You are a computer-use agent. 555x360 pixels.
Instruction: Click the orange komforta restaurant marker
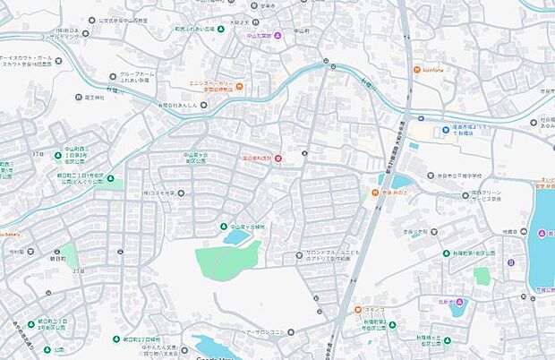[x=416, y=71]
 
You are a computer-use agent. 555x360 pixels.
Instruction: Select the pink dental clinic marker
[x=277, y=159]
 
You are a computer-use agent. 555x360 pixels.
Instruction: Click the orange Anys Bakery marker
[x=239, y=86]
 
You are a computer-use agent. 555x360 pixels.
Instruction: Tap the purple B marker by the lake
[x=510, y=263]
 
